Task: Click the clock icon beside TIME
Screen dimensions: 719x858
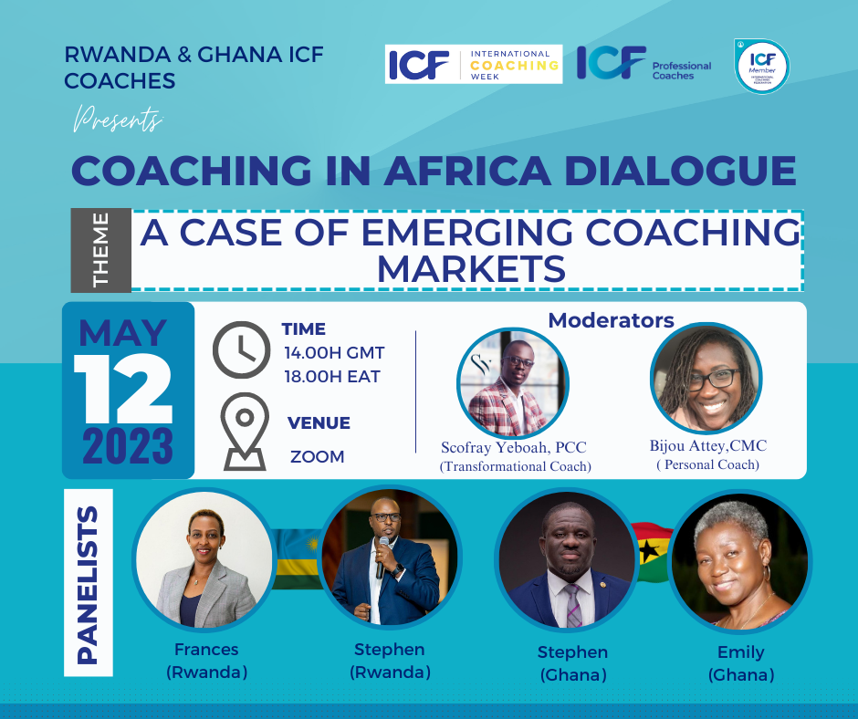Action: tap(240, 351)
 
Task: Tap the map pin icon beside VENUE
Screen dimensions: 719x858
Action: tap(244, 435)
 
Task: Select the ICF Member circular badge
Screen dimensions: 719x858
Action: tap(761, 67)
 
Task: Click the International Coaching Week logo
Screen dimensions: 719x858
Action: tap(473, 64)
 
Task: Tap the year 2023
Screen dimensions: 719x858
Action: tap(127, 447)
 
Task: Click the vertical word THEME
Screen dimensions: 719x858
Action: tap(100, 250)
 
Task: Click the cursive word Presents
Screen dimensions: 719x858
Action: tap(118, 119)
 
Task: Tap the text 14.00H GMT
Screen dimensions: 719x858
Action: tap(333, 352)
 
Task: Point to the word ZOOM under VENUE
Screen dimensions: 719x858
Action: tap(317, 456)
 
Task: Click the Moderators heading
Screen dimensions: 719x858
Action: tap(611, 320)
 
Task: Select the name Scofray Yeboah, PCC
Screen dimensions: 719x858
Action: tap(513, 447)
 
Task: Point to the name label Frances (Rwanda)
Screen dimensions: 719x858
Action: tap(206, 662)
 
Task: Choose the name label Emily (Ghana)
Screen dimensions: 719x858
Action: tap(740, 663)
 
